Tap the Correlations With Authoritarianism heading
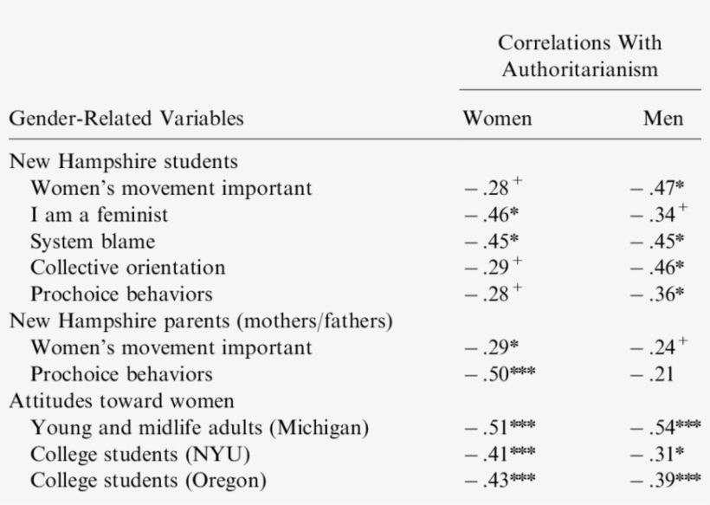click(x=579, y=55)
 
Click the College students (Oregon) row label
click(x=148, y=481)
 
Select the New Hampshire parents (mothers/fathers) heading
click(x=201, y=321)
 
